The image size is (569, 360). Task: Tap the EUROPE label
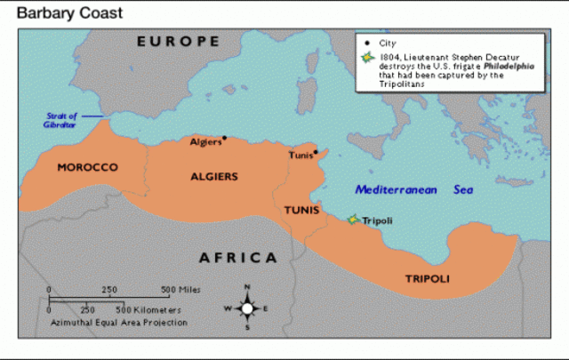178,42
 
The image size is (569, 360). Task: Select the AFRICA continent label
237,258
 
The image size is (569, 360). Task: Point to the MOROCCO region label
87,168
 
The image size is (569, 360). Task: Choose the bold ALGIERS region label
214,177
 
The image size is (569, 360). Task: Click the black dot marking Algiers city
225,138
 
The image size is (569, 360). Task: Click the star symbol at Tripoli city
353,220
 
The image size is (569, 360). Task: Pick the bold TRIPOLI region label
428,279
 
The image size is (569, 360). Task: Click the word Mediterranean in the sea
397,189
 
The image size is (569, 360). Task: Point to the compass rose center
247,308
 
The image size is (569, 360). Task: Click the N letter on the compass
247,287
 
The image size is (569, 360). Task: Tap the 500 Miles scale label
180,290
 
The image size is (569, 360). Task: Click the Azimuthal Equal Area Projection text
118,322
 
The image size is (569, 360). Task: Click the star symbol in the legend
366,57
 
